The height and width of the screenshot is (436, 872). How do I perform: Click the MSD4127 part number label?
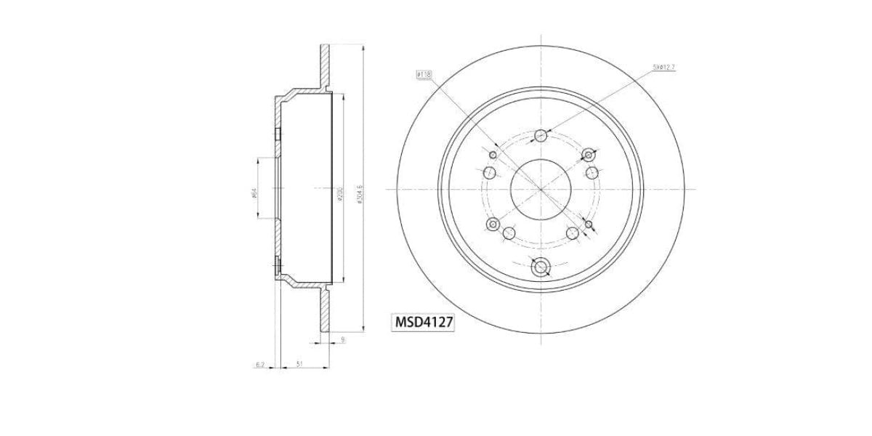point(424,322)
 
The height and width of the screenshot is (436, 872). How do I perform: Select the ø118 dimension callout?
point(424,75)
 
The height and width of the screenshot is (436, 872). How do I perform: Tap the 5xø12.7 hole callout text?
point(665,68)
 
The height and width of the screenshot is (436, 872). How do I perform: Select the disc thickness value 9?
point(342,339)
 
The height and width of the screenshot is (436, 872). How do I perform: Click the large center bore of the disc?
point(541,188)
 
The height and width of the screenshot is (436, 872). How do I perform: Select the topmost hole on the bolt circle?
point(541,136)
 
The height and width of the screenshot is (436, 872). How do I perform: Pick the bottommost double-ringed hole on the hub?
point(541,268)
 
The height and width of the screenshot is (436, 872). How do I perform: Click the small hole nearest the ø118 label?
point(493,155)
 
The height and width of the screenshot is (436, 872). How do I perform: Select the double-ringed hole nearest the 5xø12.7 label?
point(589,153)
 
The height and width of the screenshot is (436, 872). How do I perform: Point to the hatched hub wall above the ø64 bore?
point(278,138)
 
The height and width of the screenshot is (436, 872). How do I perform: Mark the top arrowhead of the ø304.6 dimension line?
point(363,47)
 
